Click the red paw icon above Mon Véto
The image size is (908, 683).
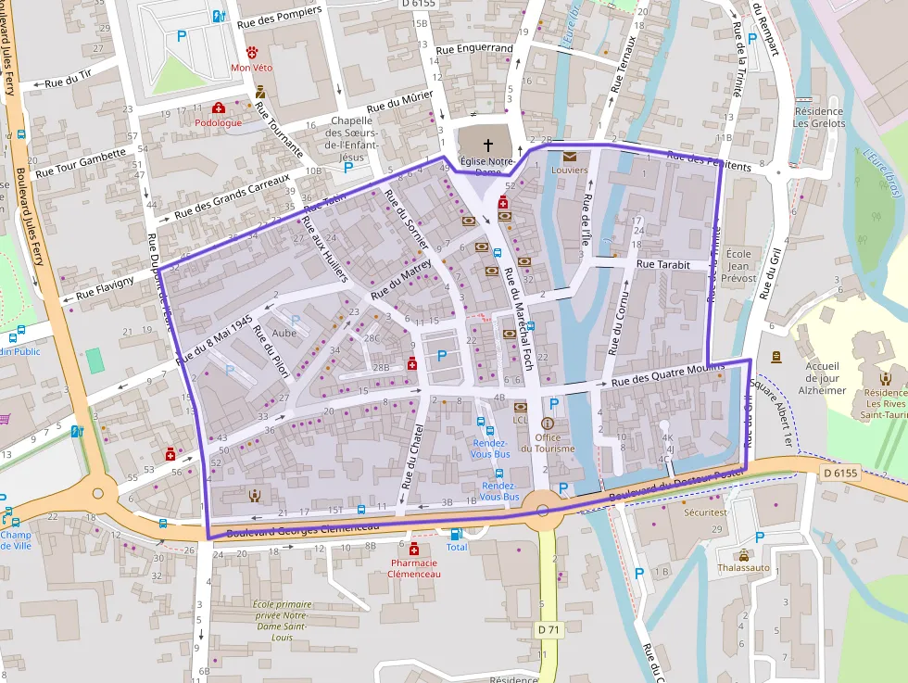(252, 51)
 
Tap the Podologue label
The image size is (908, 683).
(218, 122)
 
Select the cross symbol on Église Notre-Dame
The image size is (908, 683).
(488, 145)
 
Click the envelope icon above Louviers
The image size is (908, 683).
(569, 157)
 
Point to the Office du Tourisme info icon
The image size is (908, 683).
(547, 423)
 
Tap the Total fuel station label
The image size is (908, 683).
(457, 547)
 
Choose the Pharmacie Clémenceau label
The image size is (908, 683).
(414, 567)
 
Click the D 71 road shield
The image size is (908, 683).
(549, 630)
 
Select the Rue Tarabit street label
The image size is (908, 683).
(663, 264)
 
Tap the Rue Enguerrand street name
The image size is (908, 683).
(473, 48)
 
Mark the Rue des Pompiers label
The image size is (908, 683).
(279, 16)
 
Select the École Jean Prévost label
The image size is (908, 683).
(739, 265)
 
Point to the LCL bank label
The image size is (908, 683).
(520, 419)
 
